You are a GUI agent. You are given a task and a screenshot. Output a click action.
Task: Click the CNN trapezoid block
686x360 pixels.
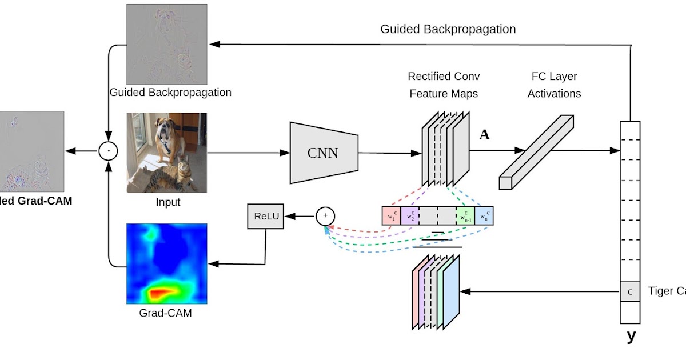click(324, 153)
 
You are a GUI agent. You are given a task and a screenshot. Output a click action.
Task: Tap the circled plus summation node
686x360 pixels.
click(325, 216)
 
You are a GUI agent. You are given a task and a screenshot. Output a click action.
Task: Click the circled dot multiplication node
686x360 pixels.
click(108, 151)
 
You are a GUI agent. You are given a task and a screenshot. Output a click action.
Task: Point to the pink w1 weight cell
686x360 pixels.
click(391, 215)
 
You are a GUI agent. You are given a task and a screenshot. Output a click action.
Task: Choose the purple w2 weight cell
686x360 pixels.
click(409, 215)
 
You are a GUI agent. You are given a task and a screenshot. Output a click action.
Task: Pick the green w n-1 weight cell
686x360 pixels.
click(465, 215)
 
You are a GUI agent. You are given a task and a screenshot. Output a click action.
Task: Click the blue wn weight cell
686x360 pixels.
click(484, 215)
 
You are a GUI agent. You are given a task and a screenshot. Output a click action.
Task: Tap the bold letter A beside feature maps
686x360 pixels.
click(484, 135)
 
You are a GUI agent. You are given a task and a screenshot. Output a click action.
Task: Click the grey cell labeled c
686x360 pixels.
click(630, 291)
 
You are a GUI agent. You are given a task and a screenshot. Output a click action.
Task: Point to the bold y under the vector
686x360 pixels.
click(631, 335)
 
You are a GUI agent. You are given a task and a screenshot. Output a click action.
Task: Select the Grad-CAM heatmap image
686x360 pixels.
click(166, 263)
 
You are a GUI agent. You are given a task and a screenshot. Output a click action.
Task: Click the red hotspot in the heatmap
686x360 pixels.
click(163, 293)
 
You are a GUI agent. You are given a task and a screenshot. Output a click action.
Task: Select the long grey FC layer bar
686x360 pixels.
click(536, 152)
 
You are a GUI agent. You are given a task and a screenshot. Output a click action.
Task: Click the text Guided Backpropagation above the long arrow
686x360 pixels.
click(448, 29)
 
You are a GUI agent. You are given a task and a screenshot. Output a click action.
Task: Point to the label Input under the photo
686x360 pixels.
click(168, 202)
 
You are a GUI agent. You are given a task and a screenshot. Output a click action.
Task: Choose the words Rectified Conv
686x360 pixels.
click(444, 76)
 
